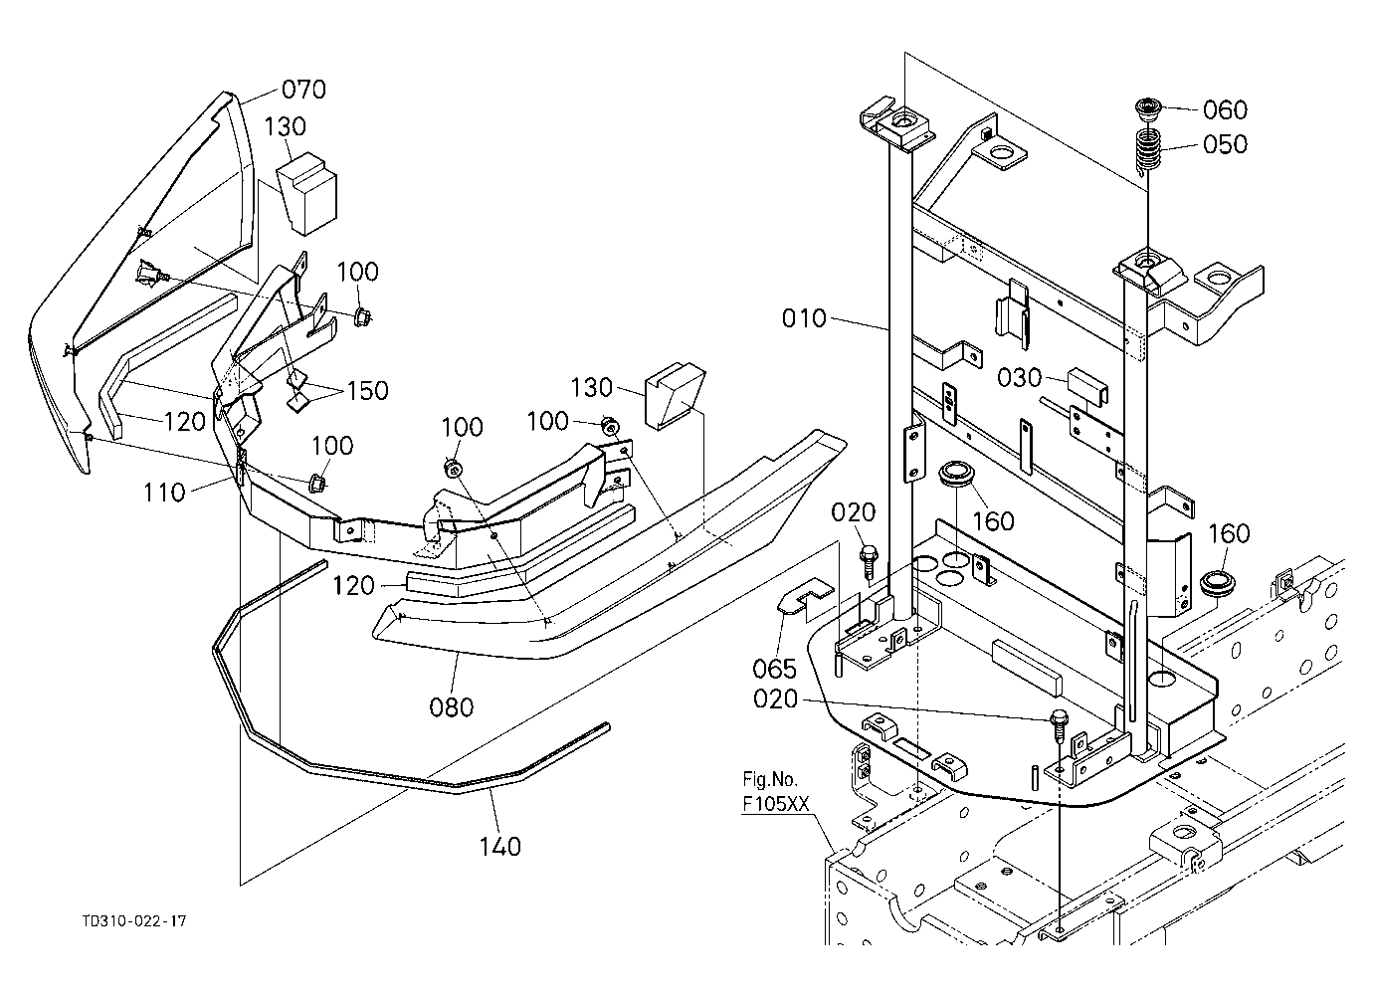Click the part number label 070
click(303, 90)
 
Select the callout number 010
click(804, 318)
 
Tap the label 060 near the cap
click(1226, 110)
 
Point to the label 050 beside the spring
click(1226, 144)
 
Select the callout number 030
click(1020, 378)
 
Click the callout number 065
click(775, 669)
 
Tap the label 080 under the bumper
click(451, 707)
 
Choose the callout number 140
click(500, 847)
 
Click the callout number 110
click(164, 493)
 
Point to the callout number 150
click(367, 391)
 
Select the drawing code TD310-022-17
click(135, 921)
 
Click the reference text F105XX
click(776, 804)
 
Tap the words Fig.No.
click(770, 779)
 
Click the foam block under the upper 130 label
click(307, 193)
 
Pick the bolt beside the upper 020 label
click(870, 561)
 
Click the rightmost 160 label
click(1229, 533)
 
